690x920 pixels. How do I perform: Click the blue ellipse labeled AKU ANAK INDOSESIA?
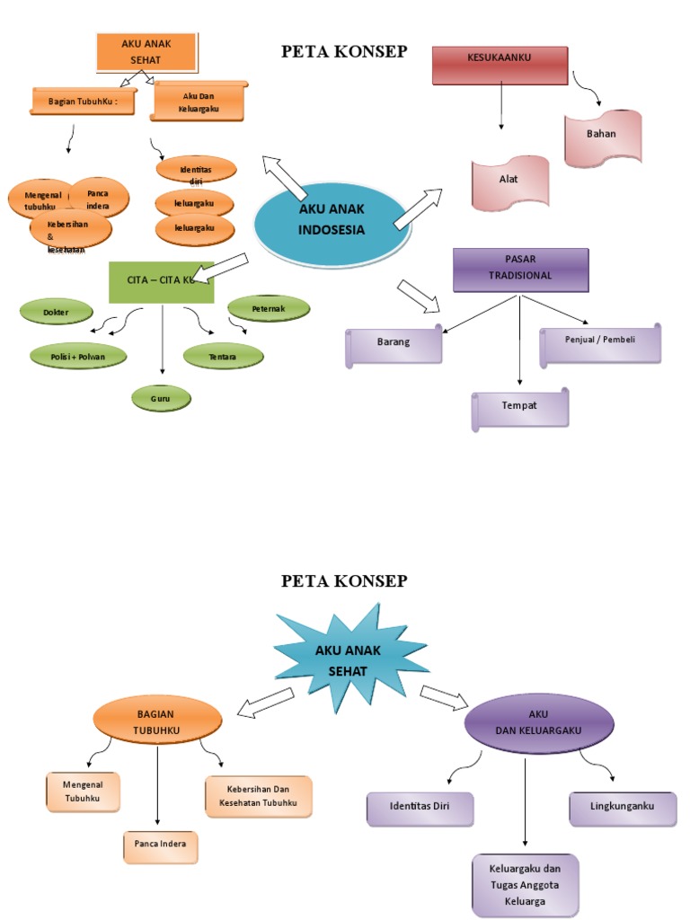pos(332,222)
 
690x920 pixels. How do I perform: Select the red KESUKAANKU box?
pos(500,64)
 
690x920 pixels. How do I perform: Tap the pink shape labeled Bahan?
pos(602,137)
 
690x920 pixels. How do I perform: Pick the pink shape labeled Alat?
pos(509,182)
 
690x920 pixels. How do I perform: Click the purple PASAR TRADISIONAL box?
pos(520,270)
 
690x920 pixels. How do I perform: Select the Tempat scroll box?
pos(520,408)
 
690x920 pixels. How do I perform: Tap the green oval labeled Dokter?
pos(56,312)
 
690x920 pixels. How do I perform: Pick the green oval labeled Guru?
pos(161,396)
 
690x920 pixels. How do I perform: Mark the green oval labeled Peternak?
pos(269,308)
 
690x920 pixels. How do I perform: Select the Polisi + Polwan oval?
pos(77,356)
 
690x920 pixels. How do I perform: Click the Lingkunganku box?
pos(622,808)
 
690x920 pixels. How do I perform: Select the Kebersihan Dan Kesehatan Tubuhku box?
pos(259,796)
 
